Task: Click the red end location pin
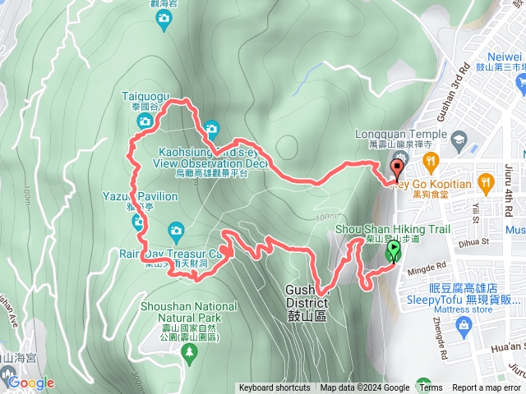click(398, 170)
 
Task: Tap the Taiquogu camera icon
click(145, 121)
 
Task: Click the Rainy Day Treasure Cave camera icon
click(175, 230)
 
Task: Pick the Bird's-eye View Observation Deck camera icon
click(211, 128)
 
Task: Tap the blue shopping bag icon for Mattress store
click(465, 327)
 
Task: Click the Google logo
click(30, 383)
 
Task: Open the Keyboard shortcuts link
click(275, 388)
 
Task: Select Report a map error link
click(486, 388)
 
